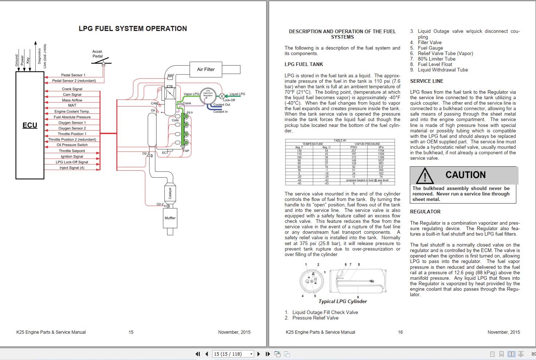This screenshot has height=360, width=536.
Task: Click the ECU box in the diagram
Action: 30,125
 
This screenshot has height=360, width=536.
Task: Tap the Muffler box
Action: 170,218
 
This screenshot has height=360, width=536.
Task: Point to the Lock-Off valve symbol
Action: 222,96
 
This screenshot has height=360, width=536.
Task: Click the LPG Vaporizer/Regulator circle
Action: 208,94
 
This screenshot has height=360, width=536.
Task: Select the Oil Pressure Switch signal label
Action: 72,145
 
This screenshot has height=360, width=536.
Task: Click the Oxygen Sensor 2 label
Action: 72,128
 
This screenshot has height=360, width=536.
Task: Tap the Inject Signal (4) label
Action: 72,168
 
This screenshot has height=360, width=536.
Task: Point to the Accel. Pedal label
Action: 97,54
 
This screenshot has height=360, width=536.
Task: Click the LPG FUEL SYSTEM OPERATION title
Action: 133,29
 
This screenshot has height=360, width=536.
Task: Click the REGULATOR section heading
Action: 425,212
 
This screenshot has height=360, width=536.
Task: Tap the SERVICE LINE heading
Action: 427,81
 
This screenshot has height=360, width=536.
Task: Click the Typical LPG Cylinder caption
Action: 342,301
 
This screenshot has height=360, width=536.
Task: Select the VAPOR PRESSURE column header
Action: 367,144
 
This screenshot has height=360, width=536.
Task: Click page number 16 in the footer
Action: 400,332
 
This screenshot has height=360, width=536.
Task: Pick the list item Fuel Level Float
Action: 435,64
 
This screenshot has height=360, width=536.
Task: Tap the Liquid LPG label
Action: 237,94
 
